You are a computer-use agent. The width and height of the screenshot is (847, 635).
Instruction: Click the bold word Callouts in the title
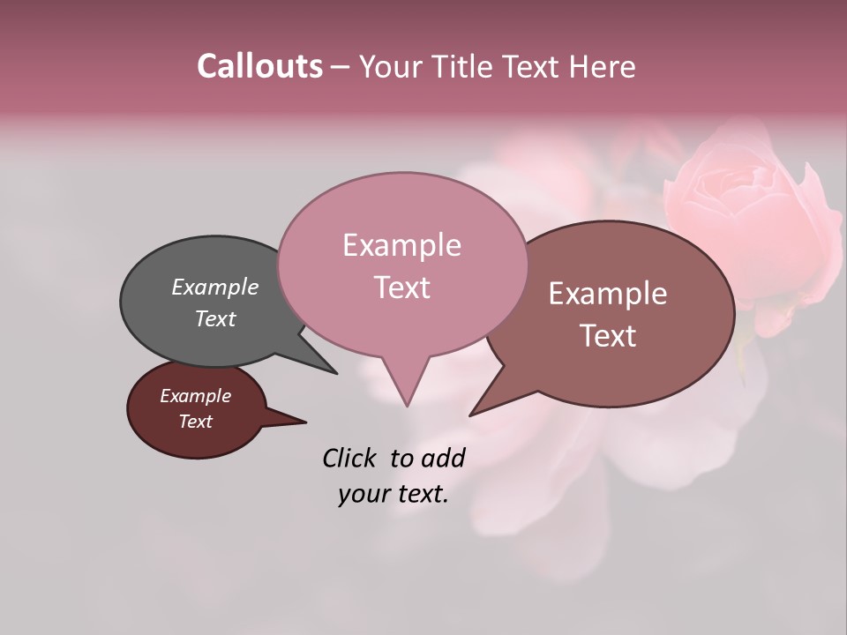click(259, 66)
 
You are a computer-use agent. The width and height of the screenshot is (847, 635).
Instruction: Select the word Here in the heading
click(602, 66)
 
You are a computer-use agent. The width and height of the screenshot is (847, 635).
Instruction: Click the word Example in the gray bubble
click(214, 287)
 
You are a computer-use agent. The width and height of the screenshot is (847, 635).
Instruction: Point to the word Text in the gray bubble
click(214, 318)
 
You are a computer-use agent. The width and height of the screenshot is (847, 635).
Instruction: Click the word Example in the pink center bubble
click(401, 245)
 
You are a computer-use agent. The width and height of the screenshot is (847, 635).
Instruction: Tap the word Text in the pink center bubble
click(401, 287)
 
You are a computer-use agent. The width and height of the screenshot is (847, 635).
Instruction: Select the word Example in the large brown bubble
click(608, 294)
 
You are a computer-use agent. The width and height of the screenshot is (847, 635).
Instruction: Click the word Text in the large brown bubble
click(608, 335)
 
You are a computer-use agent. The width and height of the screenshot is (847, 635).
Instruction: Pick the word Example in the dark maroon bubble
click(195, 396)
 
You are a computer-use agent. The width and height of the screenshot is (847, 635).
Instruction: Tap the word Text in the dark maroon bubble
click(195, 422)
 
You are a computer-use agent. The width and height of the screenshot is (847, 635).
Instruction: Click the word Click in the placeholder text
click(349, 458)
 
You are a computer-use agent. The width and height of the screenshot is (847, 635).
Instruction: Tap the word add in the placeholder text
click(443, 458)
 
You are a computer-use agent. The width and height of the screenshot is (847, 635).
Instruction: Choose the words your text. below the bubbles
click(394, 494)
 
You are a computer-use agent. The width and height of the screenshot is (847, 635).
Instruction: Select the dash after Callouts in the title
click(341, 67)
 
